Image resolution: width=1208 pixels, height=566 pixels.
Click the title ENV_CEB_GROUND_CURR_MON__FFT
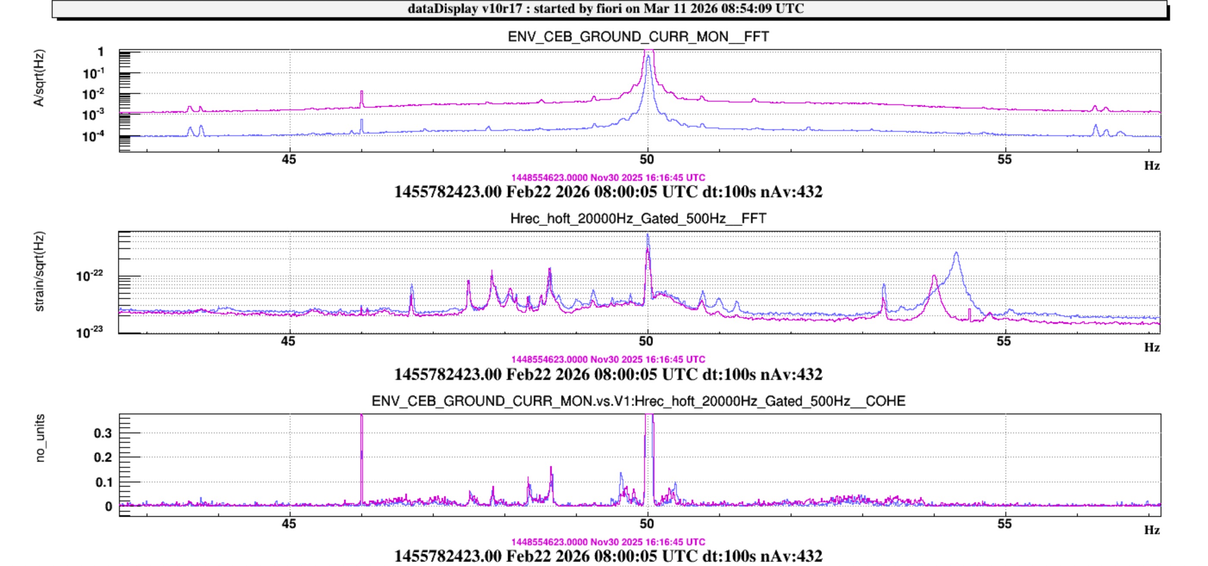click(x=638, y=37)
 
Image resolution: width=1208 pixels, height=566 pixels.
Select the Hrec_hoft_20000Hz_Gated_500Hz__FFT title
click(x=638, y=219)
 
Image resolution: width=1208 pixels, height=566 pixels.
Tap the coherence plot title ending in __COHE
click(x=638, y=401)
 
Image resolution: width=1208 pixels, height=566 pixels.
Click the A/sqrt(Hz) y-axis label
click(x=39, y=78)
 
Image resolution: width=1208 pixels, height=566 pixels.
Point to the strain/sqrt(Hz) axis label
click(x=39, y=271)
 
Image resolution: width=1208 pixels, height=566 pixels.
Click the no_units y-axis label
click(x=41, y=438)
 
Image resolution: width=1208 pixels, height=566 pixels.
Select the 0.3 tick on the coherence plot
click(x=103, y=433)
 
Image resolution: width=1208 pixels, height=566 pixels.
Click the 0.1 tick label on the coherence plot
click(x=103, y=482)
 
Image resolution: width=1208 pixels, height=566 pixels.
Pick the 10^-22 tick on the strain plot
click(x=90, y=276)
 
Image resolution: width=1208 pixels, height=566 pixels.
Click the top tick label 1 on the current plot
click(x=100, y=52)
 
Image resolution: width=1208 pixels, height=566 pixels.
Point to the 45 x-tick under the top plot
click(x=289, y=160)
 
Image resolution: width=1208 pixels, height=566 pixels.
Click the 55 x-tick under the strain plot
click(x=1004, y=342)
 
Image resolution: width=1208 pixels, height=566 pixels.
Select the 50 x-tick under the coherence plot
click(x=647, y=524)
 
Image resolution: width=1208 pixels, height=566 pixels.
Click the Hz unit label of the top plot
click(x=1152, y=166)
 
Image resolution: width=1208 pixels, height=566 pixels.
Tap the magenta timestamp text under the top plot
click(x=608, y=177)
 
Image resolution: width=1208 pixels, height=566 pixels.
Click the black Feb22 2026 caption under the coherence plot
click(x=608, y=556)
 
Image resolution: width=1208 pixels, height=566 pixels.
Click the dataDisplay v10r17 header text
click(x=605, y=9)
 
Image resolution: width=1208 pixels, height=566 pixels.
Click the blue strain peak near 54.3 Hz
click(x=956, y=255)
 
